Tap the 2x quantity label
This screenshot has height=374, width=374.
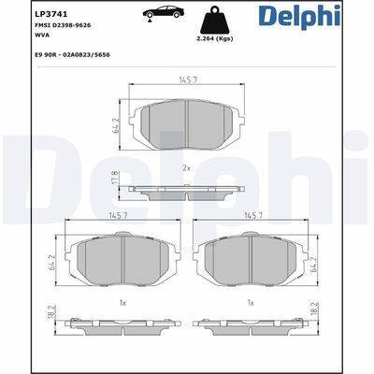tap(186, 167)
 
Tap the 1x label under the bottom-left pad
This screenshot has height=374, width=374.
tap(122, 303)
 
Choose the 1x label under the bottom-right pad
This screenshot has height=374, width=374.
tap(250, 303)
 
